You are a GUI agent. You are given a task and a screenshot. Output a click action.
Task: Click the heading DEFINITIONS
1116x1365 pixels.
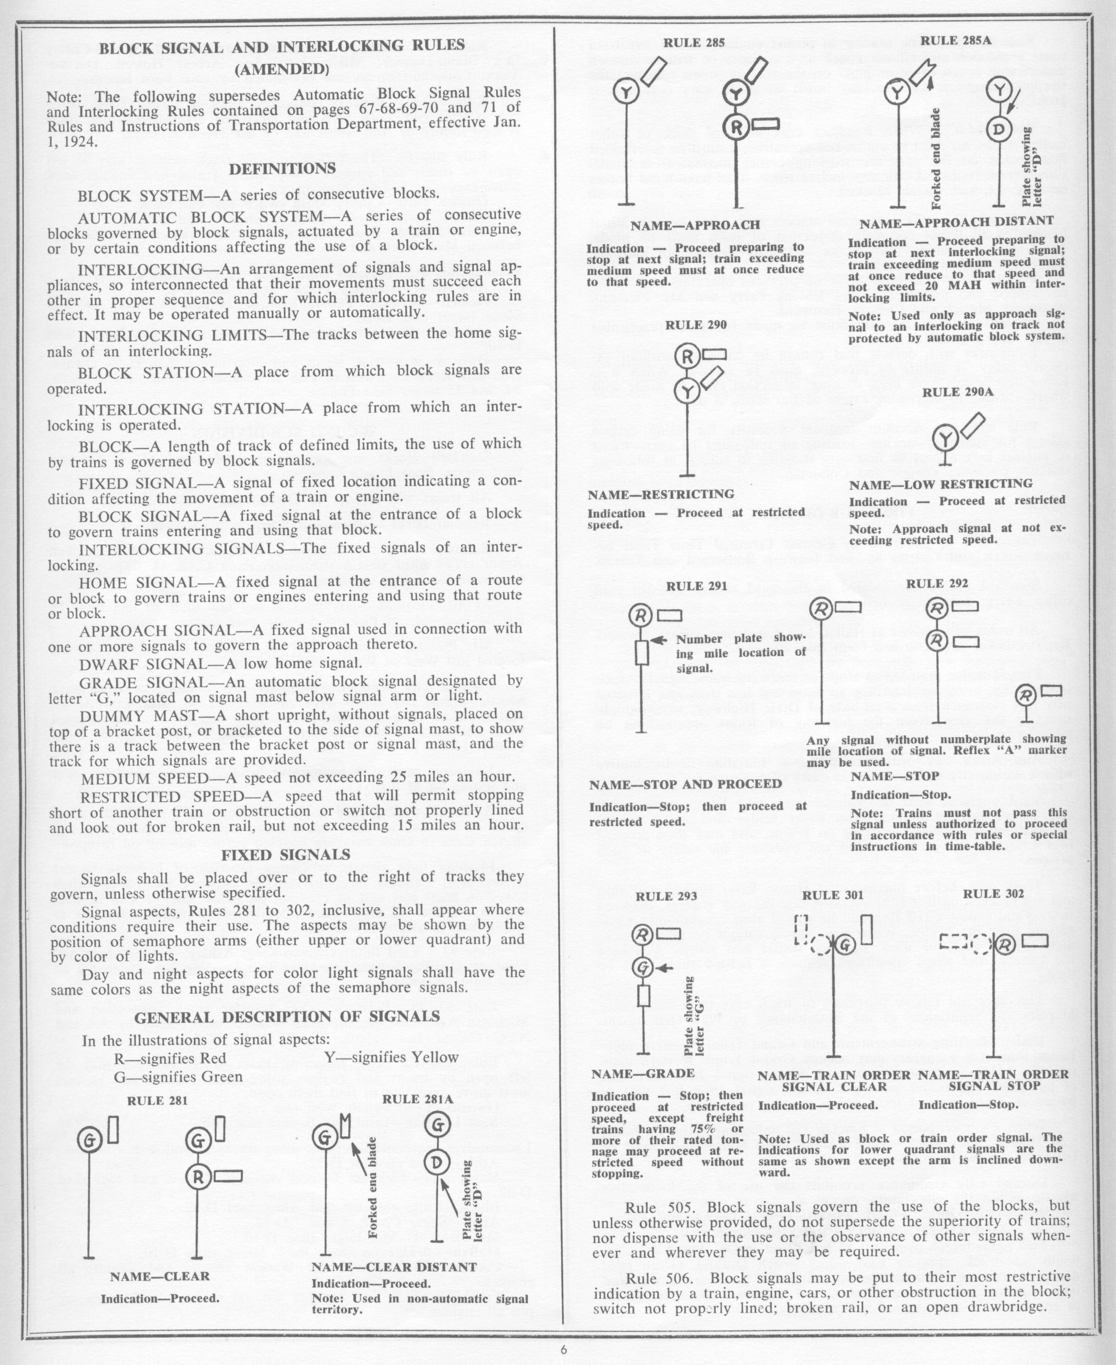click(x=282, y=168)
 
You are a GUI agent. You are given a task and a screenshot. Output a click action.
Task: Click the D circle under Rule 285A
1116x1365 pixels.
click(x=998, y=131)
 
